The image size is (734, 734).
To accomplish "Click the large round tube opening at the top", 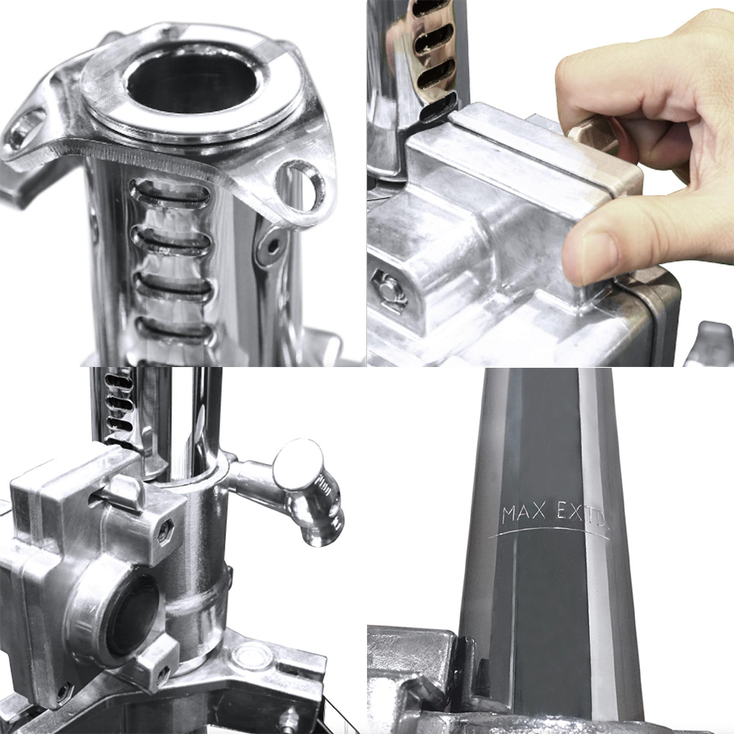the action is (192, 84).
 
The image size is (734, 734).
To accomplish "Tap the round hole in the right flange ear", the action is (300, 185).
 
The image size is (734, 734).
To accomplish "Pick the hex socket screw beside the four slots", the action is (271, 247).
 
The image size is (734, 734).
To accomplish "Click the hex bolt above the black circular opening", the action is (165, 531).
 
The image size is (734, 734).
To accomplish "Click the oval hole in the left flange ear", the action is (24, 126).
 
